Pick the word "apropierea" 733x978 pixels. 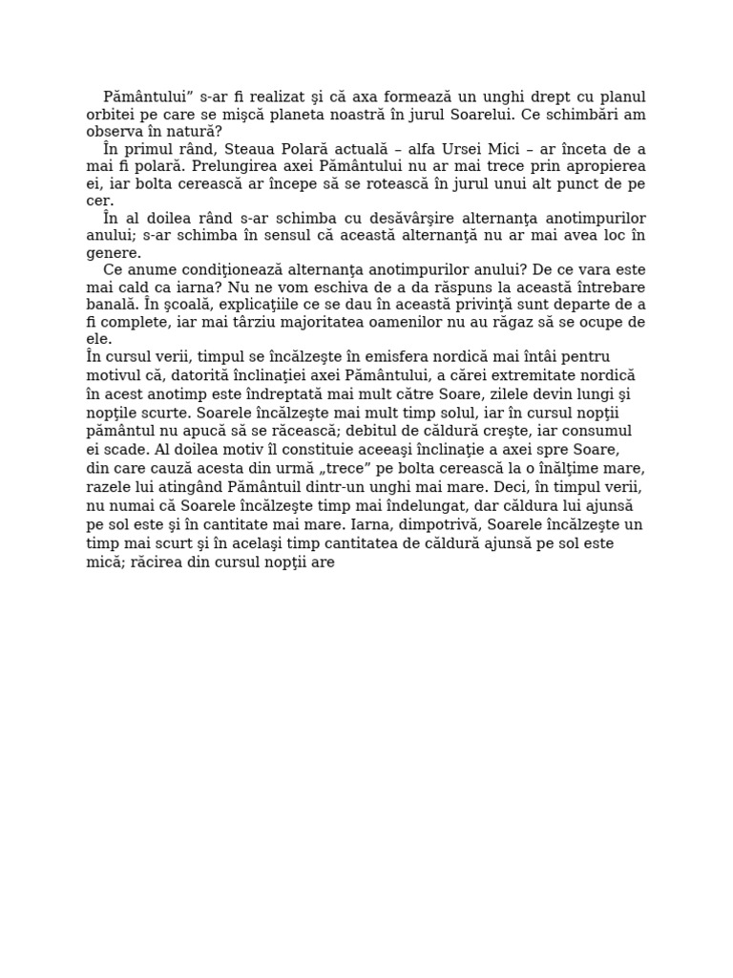598,166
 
